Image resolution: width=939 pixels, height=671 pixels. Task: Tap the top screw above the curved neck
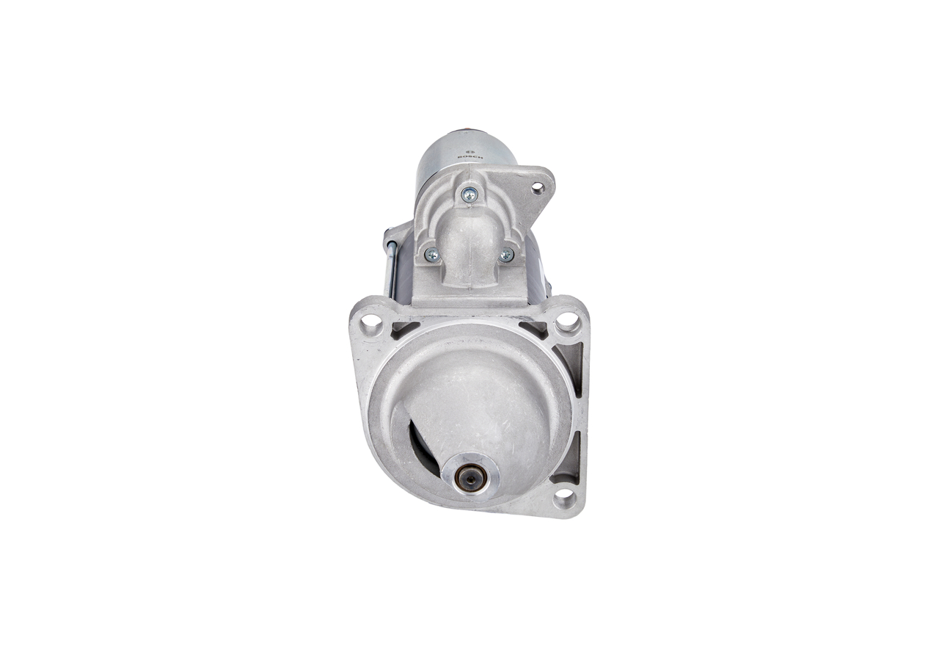point(469,195)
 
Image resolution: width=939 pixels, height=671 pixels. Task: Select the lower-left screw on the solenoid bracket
point(432,255)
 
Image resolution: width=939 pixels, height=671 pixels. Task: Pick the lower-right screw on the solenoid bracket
point(506,255)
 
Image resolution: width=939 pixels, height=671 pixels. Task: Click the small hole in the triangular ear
point(538,188)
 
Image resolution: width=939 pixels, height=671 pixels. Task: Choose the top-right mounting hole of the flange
point(567,321)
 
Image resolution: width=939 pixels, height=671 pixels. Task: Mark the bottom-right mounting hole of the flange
point(563,498)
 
